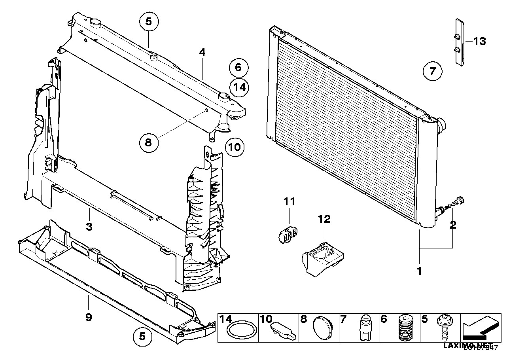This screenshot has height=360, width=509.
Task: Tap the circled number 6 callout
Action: (238, 68)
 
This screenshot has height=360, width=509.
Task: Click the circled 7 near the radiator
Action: (432, 72)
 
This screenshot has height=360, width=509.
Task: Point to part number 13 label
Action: (479, 41)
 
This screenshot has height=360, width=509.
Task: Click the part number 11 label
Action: (289, 202)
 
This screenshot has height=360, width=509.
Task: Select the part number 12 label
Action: (324, 219)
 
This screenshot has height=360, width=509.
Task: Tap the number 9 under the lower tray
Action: (89, 317)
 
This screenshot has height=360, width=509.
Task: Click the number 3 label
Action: (89, 227)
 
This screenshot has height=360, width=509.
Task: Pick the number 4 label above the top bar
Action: (202, 52)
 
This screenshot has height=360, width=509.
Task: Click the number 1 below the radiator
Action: (419, 271)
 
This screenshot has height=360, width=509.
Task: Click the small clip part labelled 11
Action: (286, 235)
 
